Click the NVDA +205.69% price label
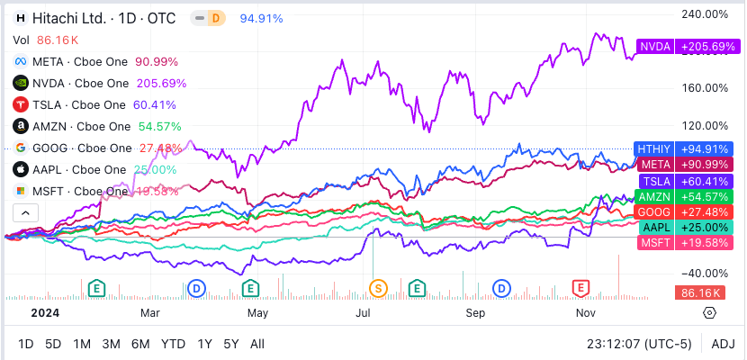coord(681,46)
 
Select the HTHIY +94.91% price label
coord(683,148)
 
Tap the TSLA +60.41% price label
coord(683,180)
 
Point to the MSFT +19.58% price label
coord(683,243)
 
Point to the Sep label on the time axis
coord(476,312)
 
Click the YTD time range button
coord(173,344)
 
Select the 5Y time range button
coord(231,344)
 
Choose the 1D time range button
coord(26,344)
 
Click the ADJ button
coord(723,344)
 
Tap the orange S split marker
coord(379,288)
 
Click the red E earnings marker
coord(581,288)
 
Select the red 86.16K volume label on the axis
coord(700,292)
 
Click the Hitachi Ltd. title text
coord(67,17)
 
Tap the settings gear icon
coord(709,312)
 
